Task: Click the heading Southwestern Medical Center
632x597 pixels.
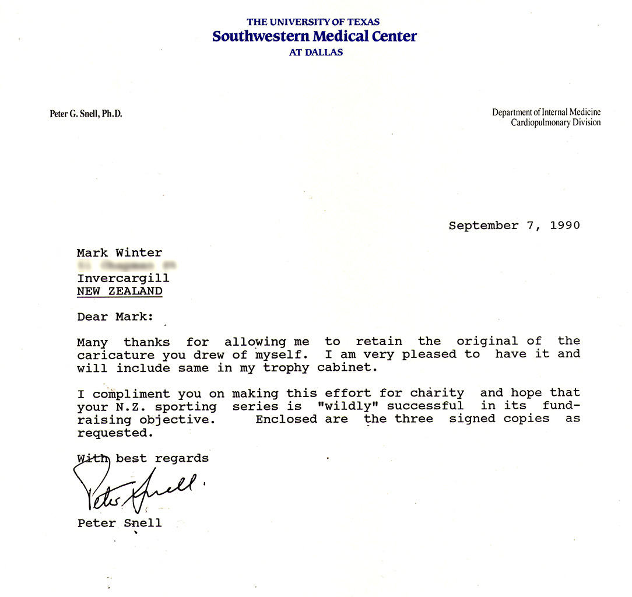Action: tap(314, 37)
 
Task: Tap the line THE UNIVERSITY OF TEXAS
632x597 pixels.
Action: tap(313, 22)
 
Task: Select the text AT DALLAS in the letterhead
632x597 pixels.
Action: tap(315, 52)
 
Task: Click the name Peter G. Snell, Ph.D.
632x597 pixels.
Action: tap(86, 114)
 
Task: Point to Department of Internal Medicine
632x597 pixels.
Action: tap(546, 113)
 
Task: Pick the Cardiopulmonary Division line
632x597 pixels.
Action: tap(555, 122)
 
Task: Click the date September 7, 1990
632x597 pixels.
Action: tap(514, 226)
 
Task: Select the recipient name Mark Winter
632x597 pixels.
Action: tap(120, 252)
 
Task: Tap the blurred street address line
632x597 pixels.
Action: tap(127, 266)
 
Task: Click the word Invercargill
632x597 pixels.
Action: tap(123, 279)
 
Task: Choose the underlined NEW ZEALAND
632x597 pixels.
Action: tap(120, 292)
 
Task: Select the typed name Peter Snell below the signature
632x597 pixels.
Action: tap(120, 523)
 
